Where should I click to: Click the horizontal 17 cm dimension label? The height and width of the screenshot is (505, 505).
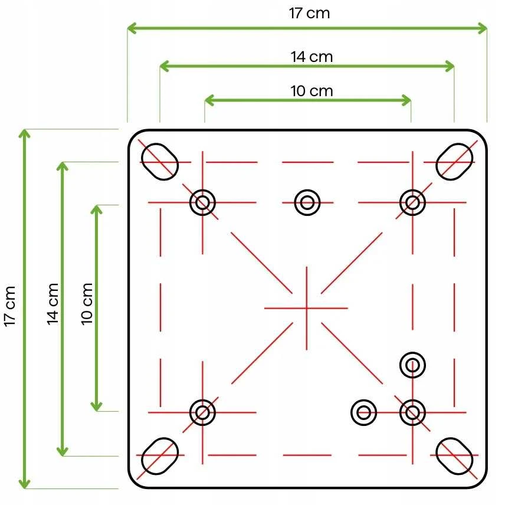point(309,13)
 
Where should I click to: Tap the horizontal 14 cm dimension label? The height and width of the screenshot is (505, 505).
point(311,57)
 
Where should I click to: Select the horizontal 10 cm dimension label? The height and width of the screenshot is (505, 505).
point(311,91)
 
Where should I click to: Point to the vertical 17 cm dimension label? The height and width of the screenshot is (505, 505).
point(9,306)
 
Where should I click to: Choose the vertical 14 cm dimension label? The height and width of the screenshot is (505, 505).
point(53,304)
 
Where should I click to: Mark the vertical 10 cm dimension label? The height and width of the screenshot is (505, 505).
point(87,304)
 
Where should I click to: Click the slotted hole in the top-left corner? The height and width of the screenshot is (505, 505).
point(160,162)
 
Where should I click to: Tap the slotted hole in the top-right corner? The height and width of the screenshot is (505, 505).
point(454,162)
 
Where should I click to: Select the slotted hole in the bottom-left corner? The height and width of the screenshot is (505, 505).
point(160,456)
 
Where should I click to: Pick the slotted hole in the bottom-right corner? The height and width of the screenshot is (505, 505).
point(454,456)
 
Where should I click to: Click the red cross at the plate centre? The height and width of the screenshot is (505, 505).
point(306,308)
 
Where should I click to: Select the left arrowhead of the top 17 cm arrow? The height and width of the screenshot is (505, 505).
point(132,28)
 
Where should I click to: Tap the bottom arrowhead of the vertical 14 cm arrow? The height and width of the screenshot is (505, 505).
point(63,451)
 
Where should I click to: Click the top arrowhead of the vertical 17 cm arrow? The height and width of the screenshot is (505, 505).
point(24,134)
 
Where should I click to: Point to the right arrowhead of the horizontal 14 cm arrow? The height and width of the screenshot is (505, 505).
point(450,66)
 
